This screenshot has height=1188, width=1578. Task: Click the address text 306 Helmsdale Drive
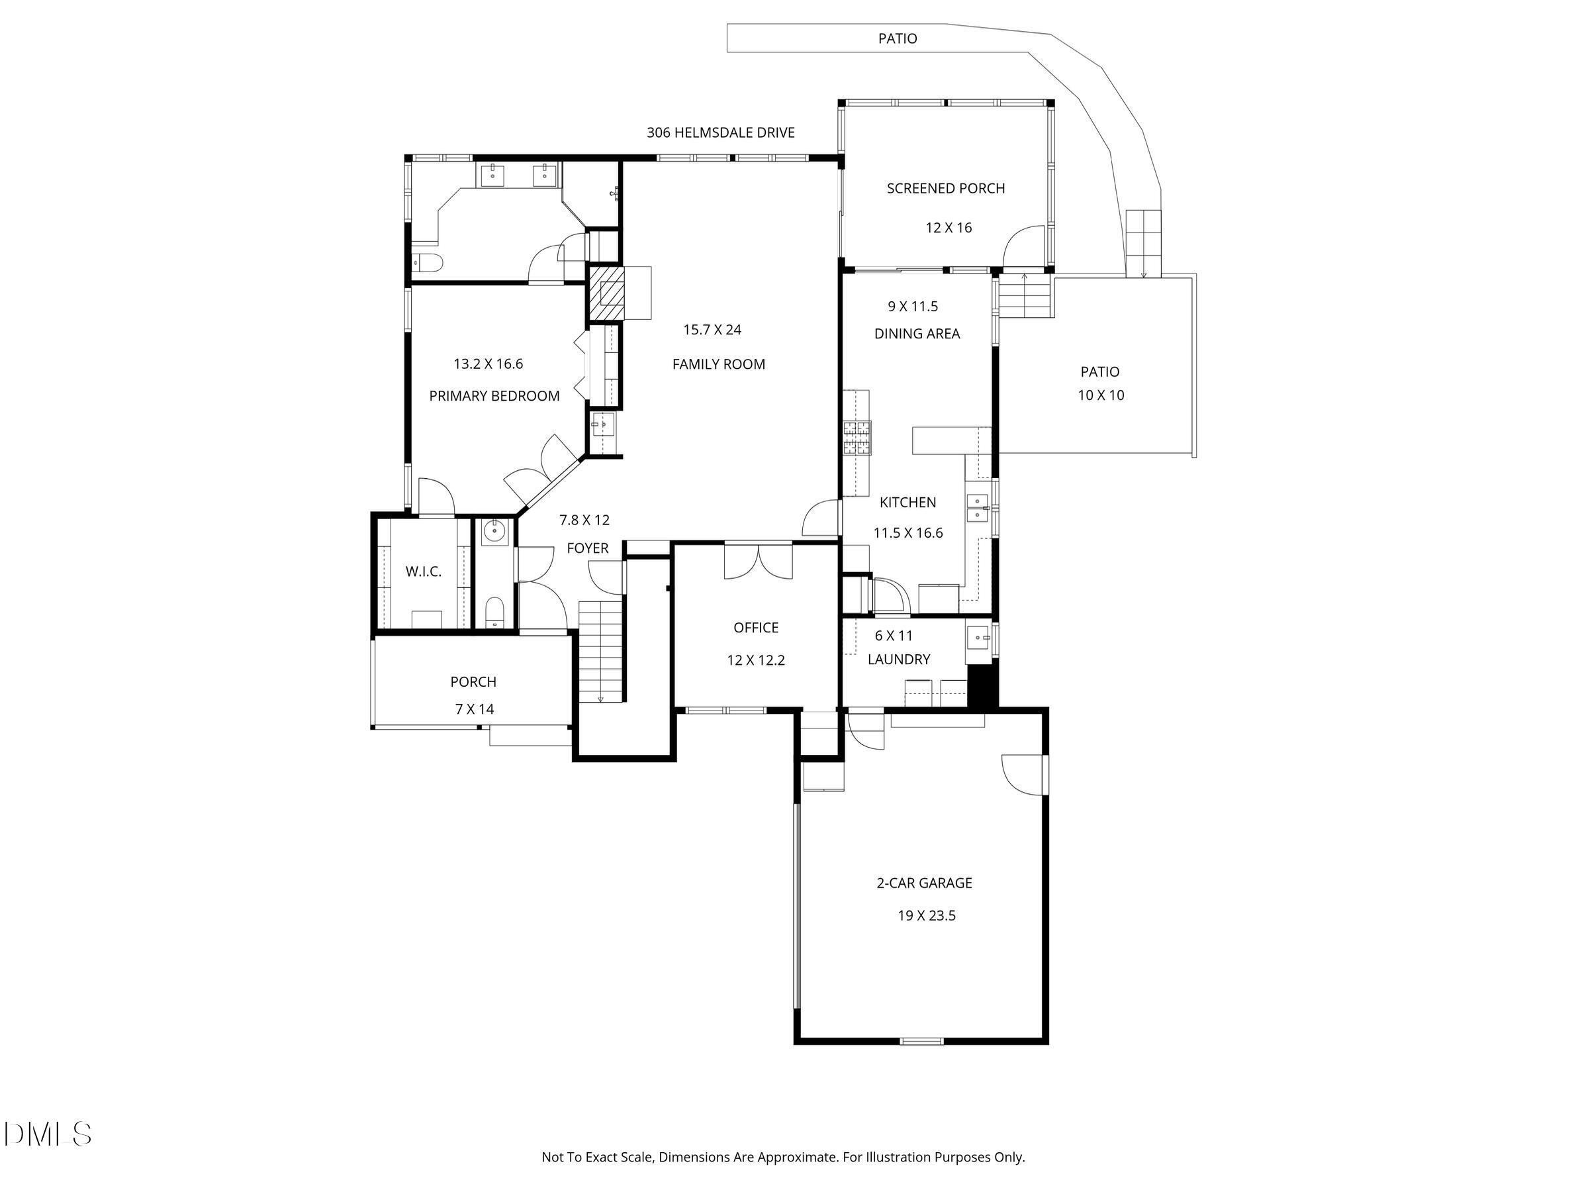tap(721, 132)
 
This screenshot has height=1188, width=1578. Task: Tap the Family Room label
tap(718, 365)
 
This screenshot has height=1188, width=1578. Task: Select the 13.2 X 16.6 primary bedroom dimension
tap(488, 364)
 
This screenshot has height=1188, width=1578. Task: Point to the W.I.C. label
tap(423, 571)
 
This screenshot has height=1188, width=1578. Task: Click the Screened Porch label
tap(945, 188)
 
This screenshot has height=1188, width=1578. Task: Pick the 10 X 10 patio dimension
tap(1100, 395)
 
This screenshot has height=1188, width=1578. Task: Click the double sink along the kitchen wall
tap(976, 508)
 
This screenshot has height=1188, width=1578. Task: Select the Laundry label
tap(898, 660)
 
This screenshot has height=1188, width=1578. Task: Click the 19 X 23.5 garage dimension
tap(926, 915)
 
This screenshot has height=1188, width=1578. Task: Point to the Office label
tap(755, 628)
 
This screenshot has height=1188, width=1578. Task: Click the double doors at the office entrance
tap(759, 562)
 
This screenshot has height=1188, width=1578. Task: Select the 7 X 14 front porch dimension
tap(475, 709)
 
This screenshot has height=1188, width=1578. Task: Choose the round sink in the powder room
tap(494, 531)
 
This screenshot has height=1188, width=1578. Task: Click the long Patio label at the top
tap(897, 38)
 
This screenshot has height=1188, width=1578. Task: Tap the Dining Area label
tap(917, 334)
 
